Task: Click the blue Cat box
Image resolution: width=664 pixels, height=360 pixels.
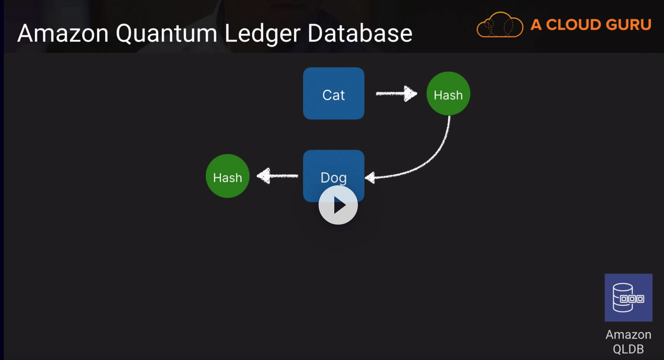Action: (334, 93)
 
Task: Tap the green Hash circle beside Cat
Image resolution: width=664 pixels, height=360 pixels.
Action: (448, 93)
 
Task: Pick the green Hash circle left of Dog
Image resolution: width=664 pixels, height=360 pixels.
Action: (228, 176)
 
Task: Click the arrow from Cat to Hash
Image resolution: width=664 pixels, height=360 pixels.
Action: (396, 93)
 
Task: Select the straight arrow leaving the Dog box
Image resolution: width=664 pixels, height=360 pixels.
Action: (277, 176)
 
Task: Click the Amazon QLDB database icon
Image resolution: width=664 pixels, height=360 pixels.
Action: (628, 298)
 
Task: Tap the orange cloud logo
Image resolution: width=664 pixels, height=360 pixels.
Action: (500, 25)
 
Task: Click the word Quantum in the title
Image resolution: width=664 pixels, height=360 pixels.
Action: (166, 34)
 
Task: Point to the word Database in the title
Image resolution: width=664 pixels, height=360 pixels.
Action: (360, 33)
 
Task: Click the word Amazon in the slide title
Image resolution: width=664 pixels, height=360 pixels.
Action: (63, 33)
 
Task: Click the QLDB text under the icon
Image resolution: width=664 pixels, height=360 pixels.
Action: (628, 349)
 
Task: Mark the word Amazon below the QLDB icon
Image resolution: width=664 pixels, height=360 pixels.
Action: (628, 335)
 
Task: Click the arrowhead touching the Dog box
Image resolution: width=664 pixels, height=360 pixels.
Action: (371, 177)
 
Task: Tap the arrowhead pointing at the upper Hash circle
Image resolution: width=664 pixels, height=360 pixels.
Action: (410, 93)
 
